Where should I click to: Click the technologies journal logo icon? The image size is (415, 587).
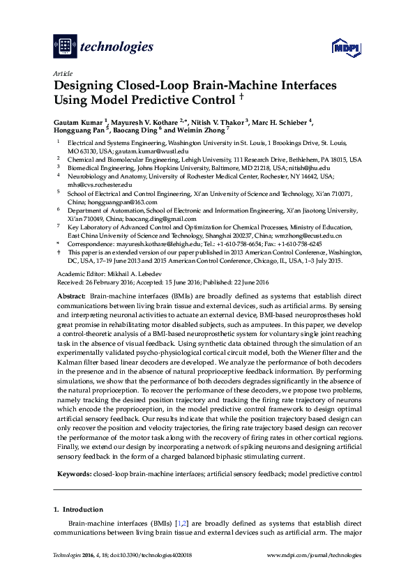64,47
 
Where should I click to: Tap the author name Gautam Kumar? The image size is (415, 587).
75,123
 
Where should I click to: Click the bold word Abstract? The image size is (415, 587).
71,296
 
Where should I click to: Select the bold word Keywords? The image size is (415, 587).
73,473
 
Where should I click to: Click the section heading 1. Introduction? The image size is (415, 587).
78,510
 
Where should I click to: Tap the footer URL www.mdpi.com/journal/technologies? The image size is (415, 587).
315,556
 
